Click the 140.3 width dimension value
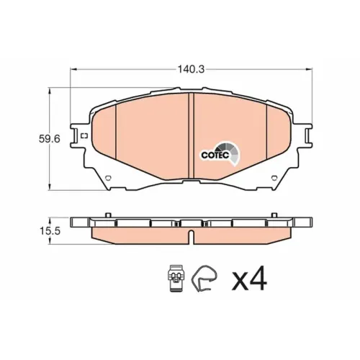click(x=191, y=69)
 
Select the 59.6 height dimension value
click(x=49, y=139)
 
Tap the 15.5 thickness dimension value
click(x=50, y=231)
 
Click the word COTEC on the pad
click(x=215, y=156)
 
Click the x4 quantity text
click(x=249, y=279)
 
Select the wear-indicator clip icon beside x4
click(x=176, y=279)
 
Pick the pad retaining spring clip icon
click(x=204, y=279)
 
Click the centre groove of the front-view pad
click(x=191, y=135)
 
